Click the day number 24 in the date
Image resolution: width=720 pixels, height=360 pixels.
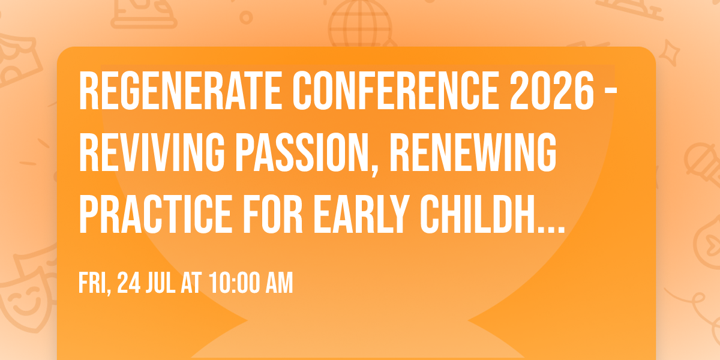tap(130, 283)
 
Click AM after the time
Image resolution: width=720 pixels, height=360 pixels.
tap(279, 283)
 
